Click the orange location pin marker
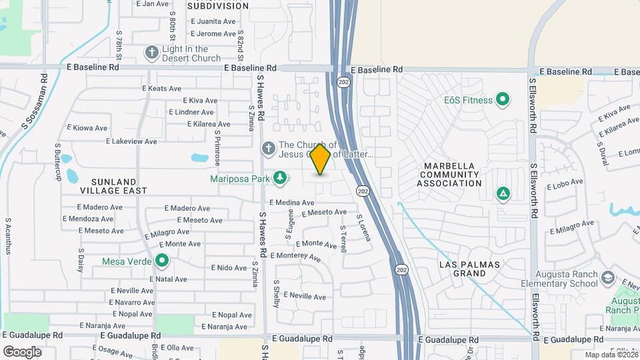click(321, 159)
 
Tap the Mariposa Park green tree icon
click(281, 177)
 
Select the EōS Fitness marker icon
click(503, 100)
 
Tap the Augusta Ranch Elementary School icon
click(607, 277)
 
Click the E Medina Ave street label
click(291, 203)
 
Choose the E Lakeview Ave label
click(131, 141)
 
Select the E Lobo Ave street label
click(565, 181)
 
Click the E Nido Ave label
click(229, 267)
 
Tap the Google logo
click(22, 351)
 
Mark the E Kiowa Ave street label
click(87, 128)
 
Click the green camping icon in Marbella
click(503, 194)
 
